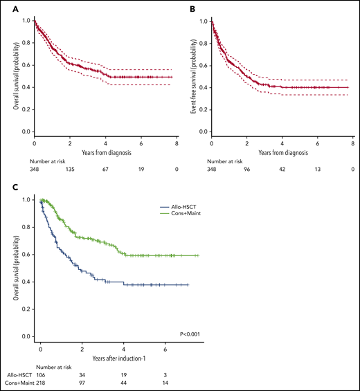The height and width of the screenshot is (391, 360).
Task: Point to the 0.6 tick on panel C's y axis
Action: tap(26, 254)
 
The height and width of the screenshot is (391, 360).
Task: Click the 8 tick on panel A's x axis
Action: tap(177, 143)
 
